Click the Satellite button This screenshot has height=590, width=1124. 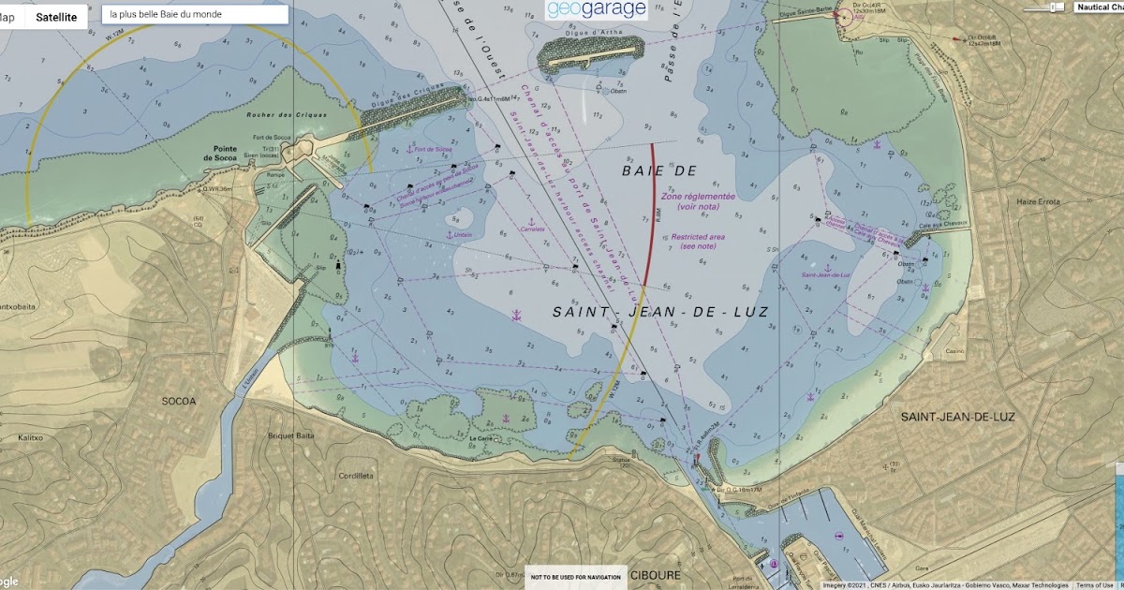pos(56,17)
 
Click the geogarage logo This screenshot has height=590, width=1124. pos(597,10)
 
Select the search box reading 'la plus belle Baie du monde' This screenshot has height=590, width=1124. pos(195,15)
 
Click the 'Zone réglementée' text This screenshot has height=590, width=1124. pos(698,198)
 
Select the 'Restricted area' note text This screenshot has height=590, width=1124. pos(698,237)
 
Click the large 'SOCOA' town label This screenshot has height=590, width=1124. pos(179,401)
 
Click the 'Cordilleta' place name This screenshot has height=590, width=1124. pos(355,475)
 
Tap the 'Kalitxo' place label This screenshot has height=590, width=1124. pos(31,437)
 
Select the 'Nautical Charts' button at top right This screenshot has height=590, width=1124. pos(1098,7)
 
